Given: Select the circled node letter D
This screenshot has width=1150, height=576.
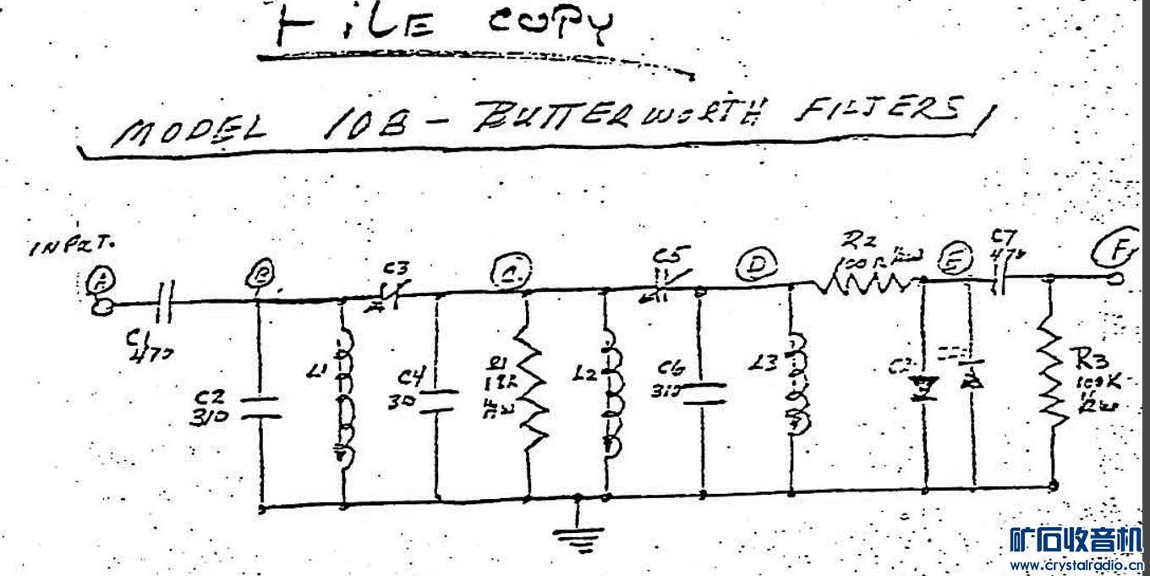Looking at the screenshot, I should coord(752,267).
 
